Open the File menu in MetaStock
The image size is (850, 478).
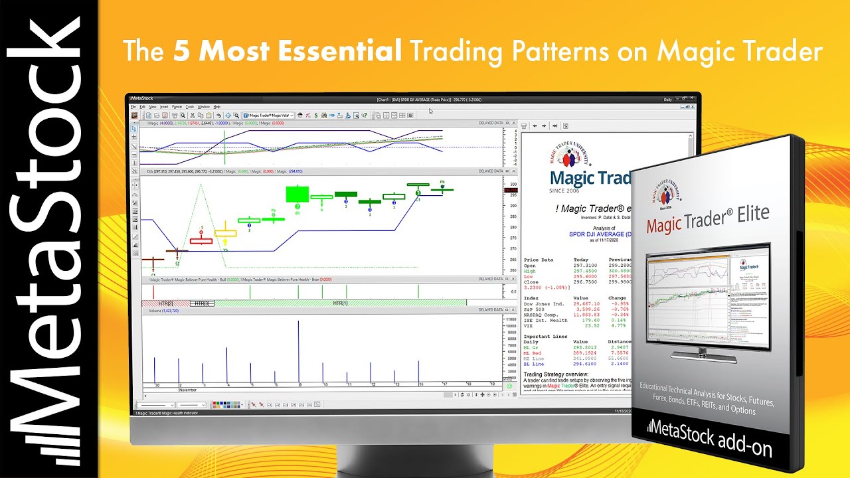click(x=133, y=106)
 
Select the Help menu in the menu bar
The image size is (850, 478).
click(x=216, y=106)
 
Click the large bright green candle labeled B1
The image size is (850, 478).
click(x=297, y=194)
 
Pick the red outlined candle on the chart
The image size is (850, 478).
click(x=201, y=240)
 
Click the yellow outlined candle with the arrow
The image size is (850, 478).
click(x=225, y=233)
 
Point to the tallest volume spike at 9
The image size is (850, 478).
click(x=298, y=352)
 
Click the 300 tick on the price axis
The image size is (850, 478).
click(x=513, y=184)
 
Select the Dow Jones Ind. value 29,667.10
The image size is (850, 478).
click(x=586, y=303)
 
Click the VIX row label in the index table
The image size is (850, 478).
click(x=529, y=325)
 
